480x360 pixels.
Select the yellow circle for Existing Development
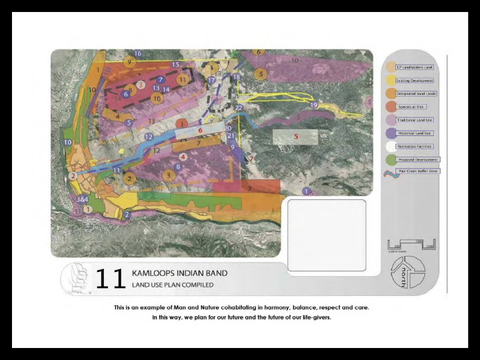pos(391,81)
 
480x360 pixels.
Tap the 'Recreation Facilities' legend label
pos(415,146)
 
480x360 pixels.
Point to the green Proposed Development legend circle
pos(391,160)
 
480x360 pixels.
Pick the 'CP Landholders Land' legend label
pos(415,67)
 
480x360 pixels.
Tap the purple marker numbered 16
pos(137,53)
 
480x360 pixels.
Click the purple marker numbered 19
pos(313,105)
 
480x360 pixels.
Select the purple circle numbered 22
pos(238,107)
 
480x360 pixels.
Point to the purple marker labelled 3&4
pos(83,199)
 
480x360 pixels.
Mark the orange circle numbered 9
pos(131,61)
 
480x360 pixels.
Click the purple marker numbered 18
pos(235,77)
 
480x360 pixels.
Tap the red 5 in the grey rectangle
pos(296,137)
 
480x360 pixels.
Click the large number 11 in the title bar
pos(110,279)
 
